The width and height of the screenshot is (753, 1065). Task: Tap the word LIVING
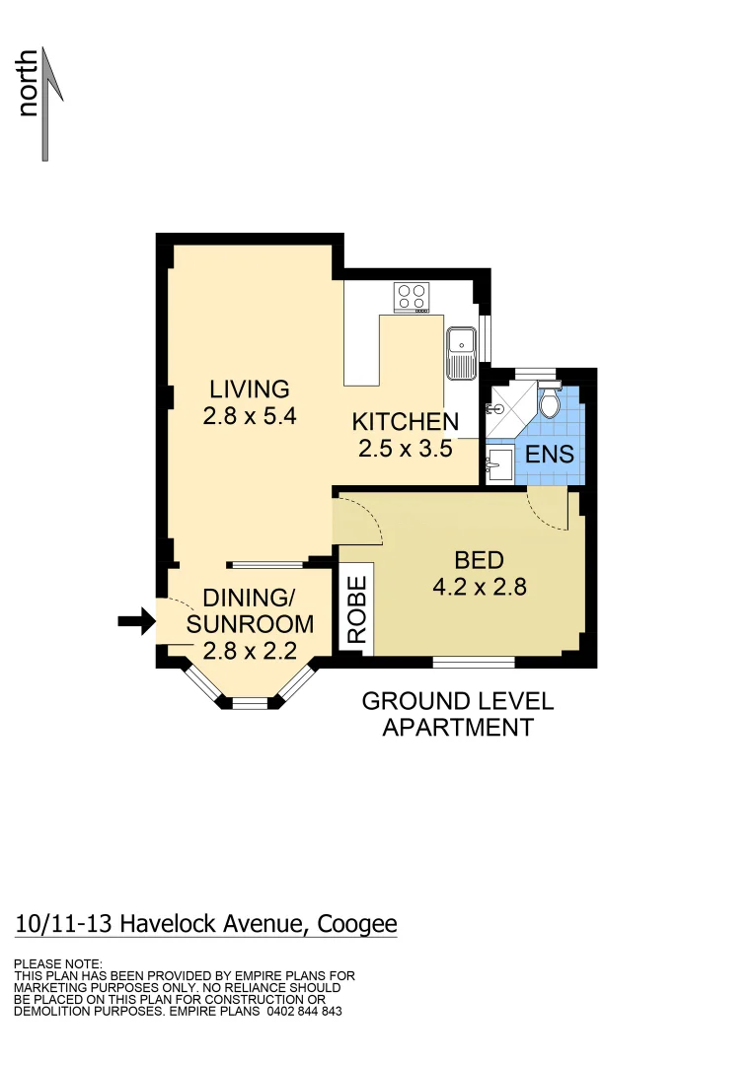point(249,389)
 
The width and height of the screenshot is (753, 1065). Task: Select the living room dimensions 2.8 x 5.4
point(250,416)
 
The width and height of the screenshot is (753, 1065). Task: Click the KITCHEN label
point(405,422)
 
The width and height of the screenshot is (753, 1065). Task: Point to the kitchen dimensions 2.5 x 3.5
point(405,449)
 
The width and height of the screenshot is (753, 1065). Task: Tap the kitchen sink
point(461,353)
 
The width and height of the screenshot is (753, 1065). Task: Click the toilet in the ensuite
point(549,402)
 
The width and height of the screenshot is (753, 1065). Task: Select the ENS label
point(550,456)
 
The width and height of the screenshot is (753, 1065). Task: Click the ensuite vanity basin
point(498,462)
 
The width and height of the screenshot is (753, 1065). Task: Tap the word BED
point(479,560)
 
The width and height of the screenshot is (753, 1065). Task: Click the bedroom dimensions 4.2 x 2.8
point(479,588)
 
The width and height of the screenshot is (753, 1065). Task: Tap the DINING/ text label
point(249,599)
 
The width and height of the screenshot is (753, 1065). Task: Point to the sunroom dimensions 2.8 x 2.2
point(250,650)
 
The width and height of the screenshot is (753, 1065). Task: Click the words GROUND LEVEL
point(457,701)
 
